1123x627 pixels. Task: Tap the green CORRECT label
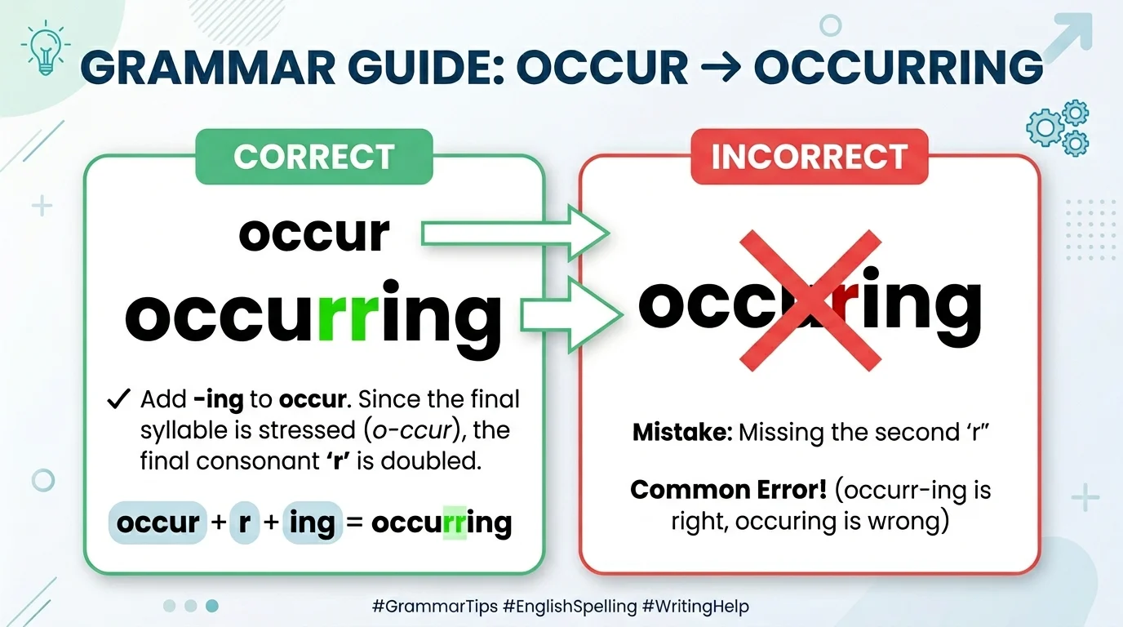(x=313, y=157)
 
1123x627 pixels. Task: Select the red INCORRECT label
(x=810, y=157)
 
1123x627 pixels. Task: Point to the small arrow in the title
(x=721, y=67)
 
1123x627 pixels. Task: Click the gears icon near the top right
(x=1058, y=127)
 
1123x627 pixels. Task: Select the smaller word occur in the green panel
(x=314, y=233)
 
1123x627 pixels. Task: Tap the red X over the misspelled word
(x=810, y=300)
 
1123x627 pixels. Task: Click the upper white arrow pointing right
(x=514, y=234)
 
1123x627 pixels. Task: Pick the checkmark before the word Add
(x=119, y=400)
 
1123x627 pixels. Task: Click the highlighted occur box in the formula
(x=158, y=522)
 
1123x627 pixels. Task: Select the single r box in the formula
(x=244, y=522)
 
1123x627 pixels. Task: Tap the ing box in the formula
(x=312, y=522)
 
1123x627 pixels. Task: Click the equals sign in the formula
(x=354, y=522)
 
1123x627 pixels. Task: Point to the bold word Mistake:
(x=682, y=432)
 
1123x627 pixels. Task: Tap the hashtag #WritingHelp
(x=697, y=607)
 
